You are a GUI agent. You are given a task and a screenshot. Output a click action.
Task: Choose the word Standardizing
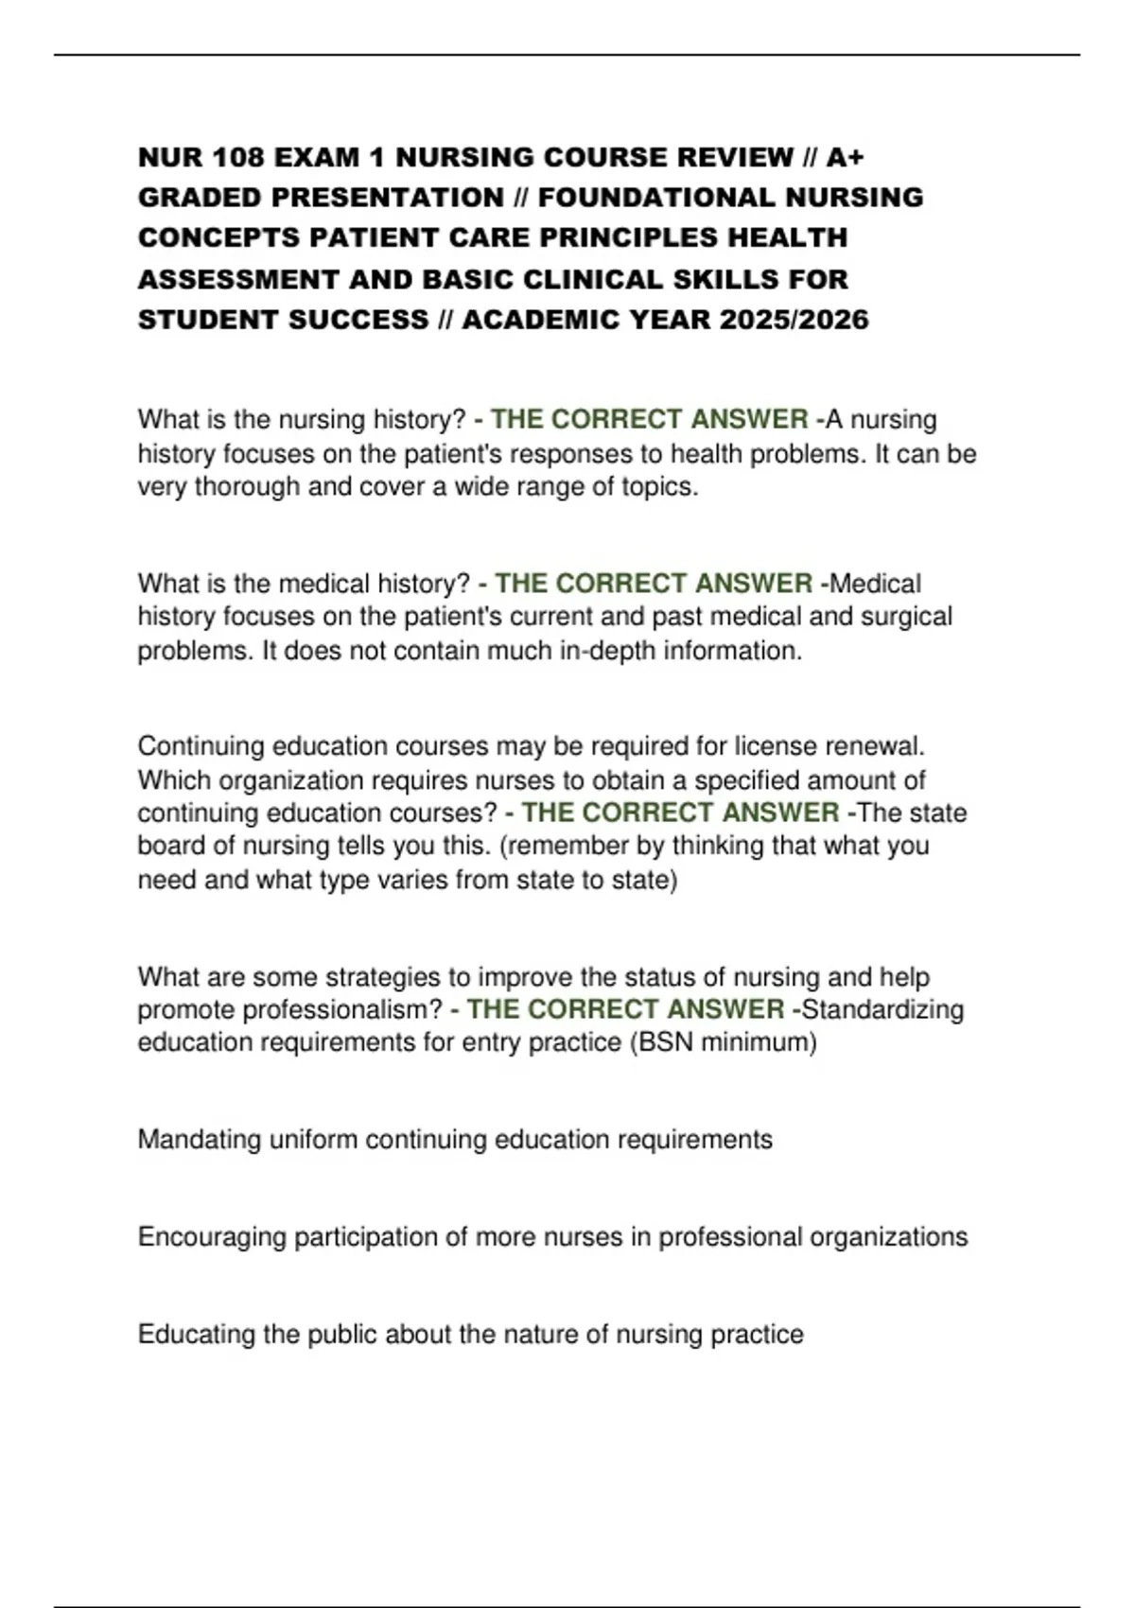pos(882,1009)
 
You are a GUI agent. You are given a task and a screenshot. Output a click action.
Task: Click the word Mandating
pos(200,1140)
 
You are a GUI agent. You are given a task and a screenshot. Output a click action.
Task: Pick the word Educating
pos(196,1335)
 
